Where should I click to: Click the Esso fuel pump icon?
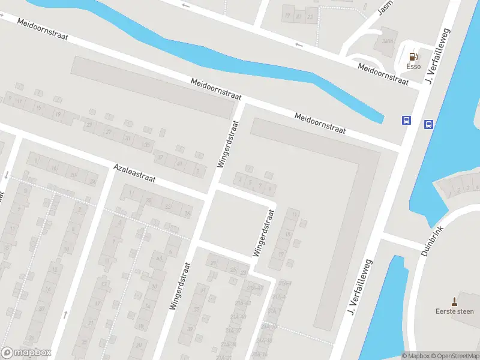click(413, 57)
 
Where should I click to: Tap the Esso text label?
click(413, 67)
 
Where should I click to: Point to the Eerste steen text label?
click(454, 311)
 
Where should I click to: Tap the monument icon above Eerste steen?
click(455, 300)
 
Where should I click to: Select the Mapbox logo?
click(26, 353)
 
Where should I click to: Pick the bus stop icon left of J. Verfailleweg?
click(406, 120)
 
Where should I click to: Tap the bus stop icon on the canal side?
click(429, 125)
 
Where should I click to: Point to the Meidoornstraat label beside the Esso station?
click(383, 74)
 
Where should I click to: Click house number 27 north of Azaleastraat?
click(109, 132)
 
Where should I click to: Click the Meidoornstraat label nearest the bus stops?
click(320, 123)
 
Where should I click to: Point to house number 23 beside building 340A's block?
click(310, 17)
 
